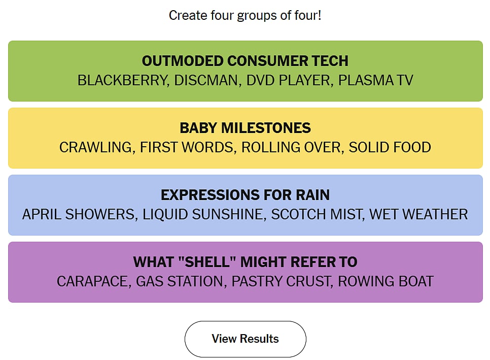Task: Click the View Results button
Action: (x=246, y=339)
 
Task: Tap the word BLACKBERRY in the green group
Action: (x=122, y=80)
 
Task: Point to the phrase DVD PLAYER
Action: (x=288, y=80)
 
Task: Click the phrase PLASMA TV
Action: (x=376, y=80)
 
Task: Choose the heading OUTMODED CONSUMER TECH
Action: (x=246, y=61)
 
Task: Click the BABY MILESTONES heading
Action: (x=246, y=128)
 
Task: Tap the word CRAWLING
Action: (x=96, y=147)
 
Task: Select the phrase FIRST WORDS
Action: (x=187, y=147)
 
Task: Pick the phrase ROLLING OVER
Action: (x=291, y=147)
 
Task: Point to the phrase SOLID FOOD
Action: (x=390, y=147)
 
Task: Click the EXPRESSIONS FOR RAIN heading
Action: (x=246, y=195)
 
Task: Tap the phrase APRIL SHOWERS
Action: (x=79, y=215)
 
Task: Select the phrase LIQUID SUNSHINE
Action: (x=203, y=215)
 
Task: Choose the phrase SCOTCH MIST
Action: (x=317, y=215)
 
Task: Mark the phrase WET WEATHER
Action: (x=419, y=215)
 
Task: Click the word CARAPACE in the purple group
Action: (x=92, y=281)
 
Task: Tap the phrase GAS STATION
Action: (x=180, y=281)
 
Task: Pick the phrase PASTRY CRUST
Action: (x=281, y=281)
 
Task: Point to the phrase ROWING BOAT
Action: (x=386, y=281)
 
